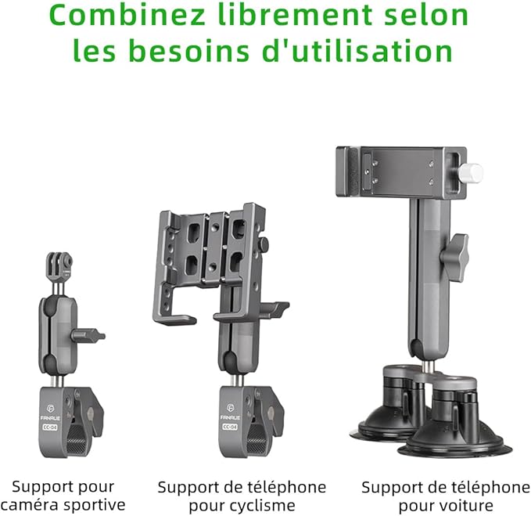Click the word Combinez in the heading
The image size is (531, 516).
click(127, 15)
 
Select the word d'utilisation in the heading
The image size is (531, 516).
click(357, 51)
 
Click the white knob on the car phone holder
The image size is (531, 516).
click(471, 173)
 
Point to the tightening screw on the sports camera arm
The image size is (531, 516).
click(88, 336)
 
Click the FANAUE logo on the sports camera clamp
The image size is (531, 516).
click(50, 413)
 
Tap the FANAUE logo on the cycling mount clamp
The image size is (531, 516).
click(230, 412)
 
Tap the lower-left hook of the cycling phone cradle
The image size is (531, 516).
click(174, 318)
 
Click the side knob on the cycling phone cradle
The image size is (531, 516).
click(263, 243)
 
